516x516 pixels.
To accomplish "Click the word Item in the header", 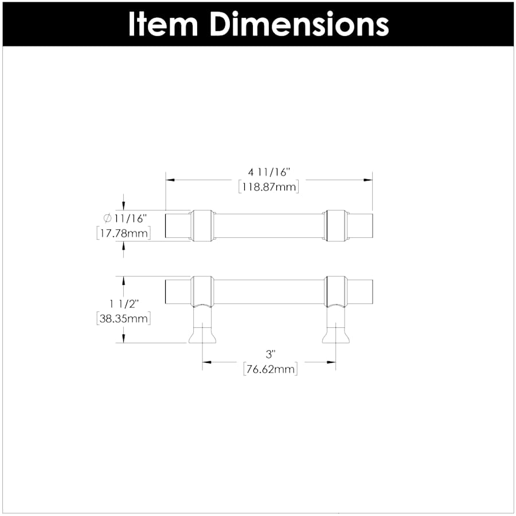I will [x=163, y=24].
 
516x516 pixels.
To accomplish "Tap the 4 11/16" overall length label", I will [x=269, y=172].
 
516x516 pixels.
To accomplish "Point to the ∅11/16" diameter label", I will [x=125, y=218].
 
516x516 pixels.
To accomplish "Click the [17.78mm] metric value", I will [x=123, y=233].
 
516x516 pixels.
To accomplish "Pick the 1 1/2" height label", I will [x=124, y=303].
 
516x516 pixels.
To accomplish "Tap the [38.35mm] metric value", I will [x=123, y=319].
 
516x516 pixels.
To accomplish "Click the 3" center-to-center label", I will [x=269, y=354].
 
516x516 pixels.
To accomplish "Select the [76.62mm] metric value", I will [x=269, y=369].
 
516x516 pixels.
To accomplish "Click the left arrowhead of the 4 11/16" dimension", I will [x=170, y=180].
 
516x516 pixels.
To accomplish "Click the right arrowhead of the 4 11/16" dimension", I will [x=369, y=180].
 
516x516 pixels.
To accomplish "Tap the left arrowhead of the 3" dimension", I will [x=206, y=362].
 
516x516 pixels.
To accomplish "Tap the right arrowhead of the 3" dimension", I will [x=331, y=362].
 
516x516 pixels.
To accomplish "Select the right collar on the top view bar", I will [x=335, y=225].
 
